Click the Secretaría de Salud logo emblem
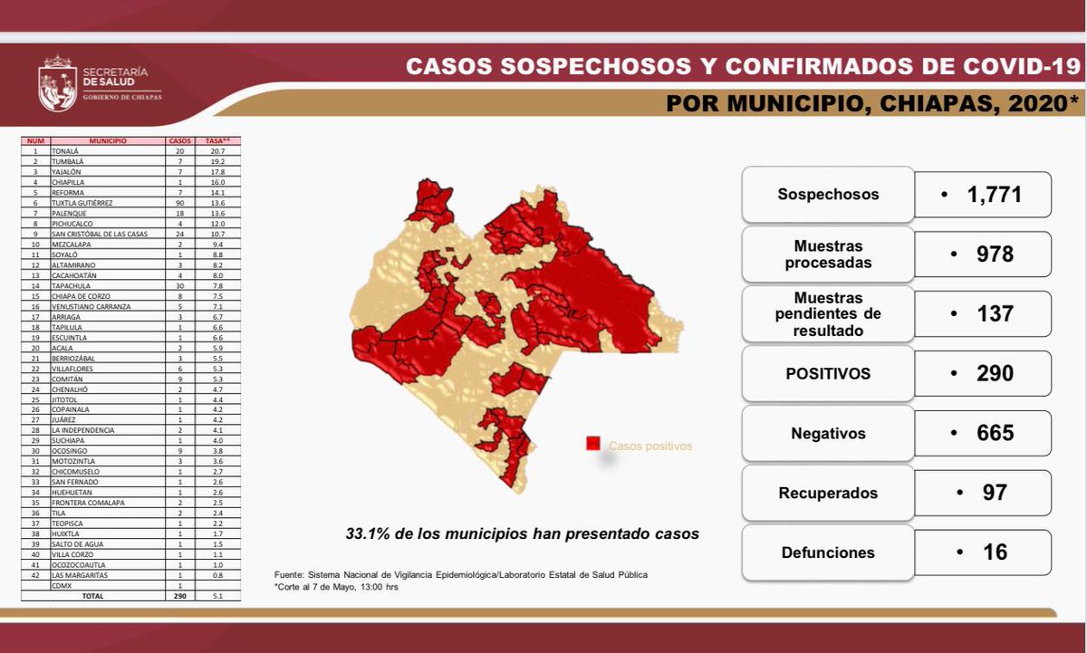click(57, 84)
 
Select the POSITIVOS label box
click(828, 374)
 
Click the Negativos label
click(828, 434)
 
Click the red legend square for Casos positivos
click(593, 444)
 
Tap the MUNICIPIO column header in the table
click(107, 141)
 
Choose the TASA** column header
click(216, 141)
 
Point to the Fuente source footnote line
click(461, 575)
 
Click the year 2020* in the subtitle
click(1036, 102)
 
